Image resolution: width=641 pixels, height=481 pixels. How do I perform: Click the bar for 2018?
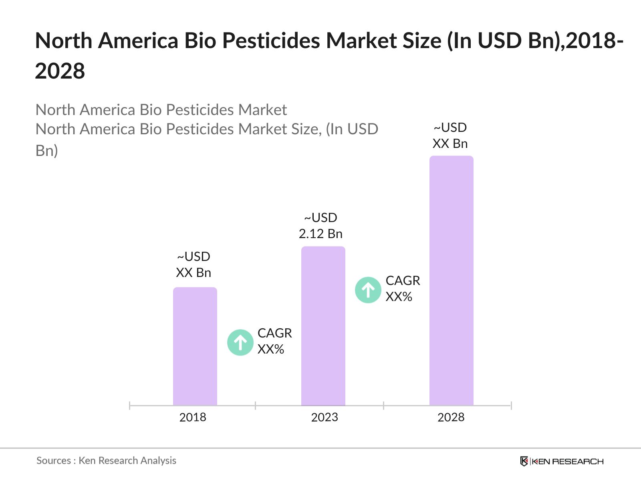[x=195, y=347]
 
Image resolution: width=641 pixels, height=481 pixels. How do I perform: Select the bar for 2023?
[x=323, y=326]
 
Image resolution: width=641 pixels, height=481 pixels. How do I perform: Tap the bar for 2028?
[x=452, y=281]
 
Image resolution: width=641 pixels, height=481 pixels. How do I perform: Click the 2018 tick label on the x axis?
[x=193, y=417]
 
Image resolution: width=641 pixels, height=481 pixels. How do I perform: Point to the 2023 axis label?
[x=325, y=417]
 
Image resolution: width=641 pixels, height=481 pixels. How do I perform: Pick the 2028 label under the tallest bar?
[x=451, y=417]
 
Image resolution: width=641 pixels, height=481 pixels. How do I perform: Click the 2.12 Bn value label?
[x=320, y=234]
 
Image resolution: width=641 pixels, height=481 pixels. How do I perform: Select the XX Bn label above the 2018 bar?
[x=194, y=273]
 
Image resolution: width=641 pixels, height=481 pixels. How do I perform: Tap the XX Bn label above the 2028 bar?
[x=450, y=143]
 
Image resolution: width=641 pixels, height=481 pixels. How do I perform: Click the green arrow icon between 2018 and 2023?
[x=240, y=342]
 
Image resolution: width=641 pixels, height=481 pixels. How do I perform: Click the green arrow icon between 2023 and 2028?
[x=368, y=290]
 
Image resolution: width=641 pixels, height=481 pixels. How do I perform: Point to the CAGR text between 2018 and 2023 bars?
[x=274, y=333]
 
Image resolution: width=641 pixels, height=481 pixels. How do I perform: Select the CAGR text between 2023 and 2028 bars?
[x=403, y=281]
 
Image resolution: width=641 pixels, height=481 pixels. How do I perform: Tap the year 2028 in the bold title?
[x=60, y=71]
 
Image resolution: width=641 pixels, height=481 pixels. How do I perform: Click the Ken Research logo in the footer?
[x=562, y=461]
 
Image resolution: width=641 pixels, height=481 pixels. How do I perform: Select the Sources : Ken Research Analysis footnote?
[x=106, y=461]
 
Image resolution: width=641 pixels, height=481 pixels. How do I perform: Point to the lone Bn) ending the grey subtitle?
[x=47, y=151]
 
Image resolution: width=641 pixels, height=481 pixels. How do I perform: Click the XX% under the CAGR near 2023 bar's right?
[x=399, y=297]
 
